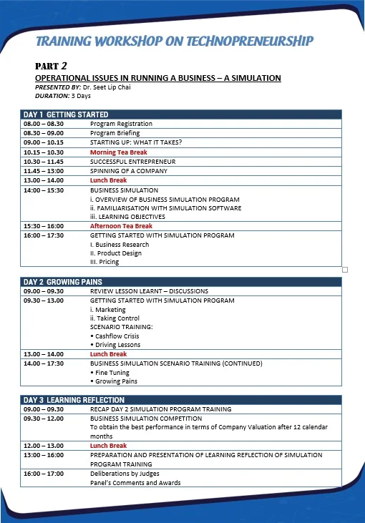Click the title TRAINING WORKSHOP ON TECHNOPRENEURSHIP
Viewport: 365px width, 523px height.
point(175,41)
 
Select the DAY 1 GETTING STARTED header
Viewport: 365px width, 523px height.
point(66,114)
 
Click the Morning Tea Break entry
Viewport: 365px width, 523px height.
point(118,152)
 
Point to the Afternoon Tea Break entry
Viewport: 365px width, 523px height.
point(121,226)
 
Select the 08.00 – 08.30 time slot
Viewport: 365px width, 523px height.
point(44,124)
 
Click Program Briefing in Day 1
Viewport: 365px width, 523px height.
point(115,133)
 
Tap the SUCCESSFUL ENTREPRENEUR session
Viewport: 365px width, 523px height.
point(132,162)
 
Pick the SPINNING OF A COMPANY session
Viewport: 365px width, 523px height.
point(128,171)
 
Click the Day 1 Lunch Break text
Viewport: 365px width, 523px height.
point(108,180)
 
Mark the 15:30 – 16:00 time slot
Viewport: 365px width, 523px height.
point(44,226)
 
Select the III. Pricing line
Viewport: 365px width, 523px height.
point(104,262)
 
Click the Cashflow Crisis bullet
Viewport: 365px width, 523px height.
point(117,336)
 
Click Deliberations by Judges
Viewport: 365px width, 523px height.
point(125,474)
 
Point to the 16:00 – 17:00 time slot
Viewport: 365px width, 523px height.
point(44,474)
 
